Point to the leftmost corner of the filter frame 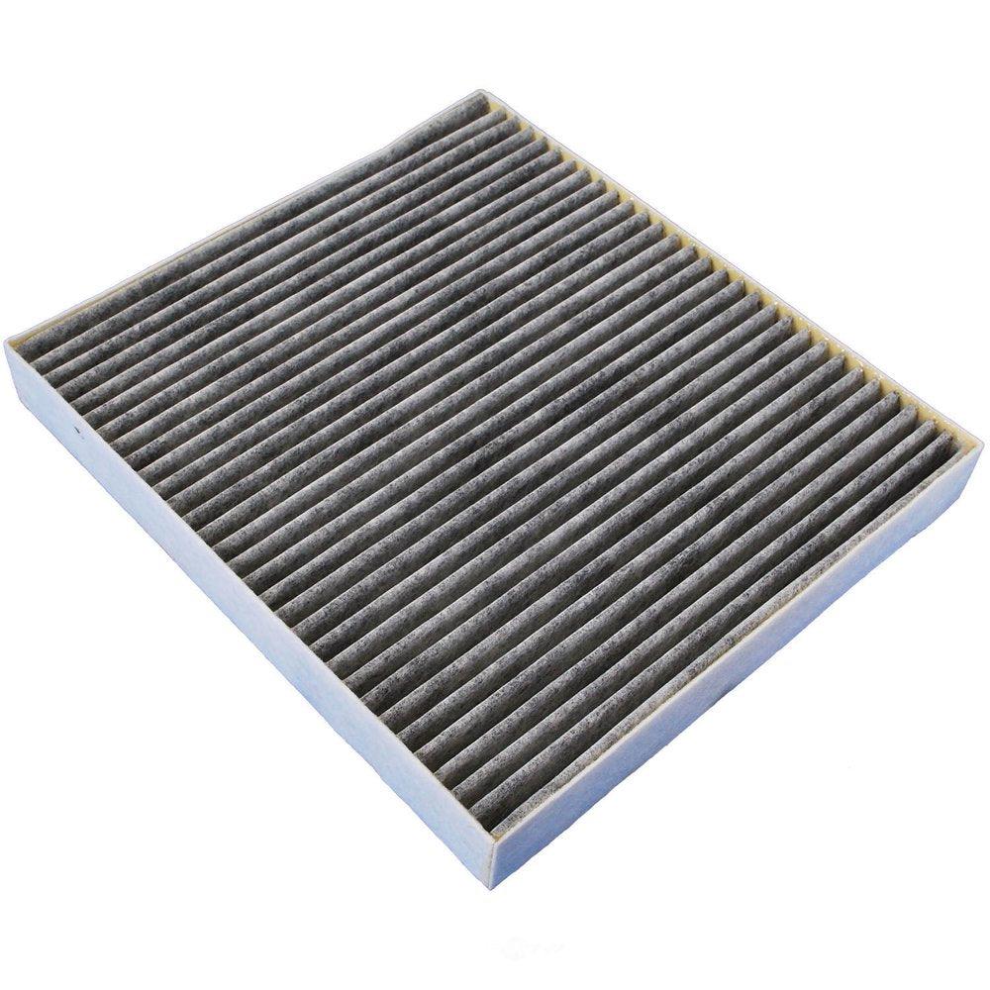7,342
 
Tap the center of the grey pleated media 485,455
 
